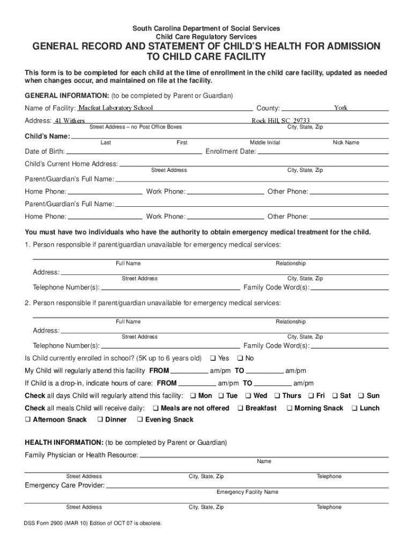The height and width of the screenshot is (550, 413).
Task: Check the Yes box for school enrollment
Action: (212, 358)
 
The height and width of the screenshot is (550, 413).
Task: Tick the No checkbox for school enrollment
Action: (240, 358)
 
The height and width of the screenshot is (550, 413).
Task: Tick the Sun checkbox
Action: (361, 396)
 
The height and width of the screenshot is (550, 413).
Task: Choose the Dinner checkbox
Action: (100, 419)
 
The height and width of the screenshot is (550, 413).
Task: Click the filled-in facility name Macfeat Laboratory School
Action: (116, 108)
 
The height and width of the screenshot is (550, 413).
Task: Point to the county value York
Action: (341, 108)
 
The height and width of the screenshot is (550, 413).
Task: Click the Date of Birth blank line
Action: (134, 152)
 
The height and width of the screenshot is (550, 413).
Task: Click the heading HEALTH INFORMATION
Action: (64, 443)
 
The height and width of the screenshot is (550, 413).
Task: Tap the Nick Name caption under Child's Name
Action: (346, 142)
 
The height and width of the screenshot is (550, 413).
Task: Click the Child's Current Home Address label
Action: (71, 164)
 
